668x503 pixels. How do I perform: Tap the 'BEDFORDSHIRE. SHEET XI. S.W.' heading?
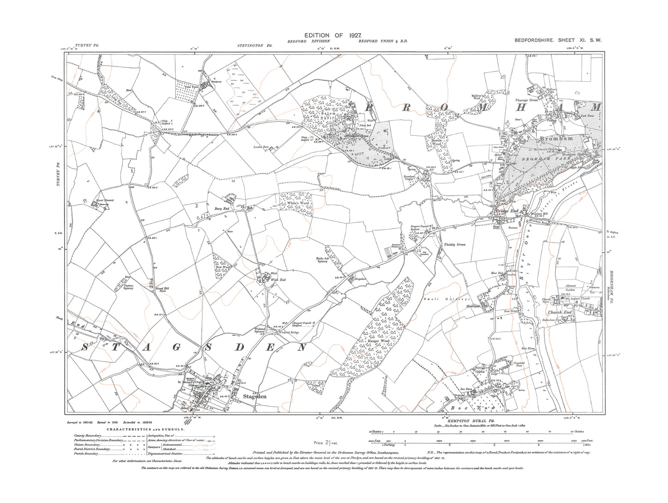tap(557, 41)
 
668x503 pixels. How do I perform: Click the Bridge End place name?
tap(508, 212)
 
